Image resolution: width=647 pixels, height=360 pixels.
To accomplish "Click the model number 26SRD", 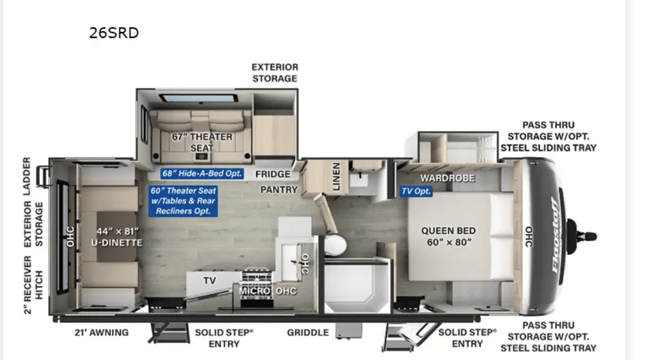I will [114, 33].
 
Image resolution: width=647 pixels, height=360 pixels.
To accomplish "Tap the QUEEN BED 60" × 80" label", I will [449, 236].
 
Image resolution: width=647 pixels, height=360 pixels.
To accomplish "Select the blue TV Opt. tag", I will [416, 191].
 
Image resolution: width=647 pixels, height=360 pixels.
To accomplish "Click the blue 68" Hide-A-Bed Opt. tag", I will [202, 173].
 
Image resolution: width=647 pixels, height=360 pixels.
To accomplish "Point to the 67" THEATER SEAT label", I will [202, 142].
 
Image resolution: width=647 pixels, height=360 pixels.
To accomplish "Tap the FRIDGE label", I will [273, 174].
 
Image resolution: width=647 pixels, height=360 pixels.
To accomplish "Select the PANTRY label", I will [279, 190].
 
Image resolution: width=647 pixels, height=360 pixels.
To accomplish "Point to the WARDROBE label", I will [447, 178].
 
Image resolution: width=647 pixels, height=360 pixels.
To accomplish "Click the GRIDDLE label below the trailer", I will [308, 332].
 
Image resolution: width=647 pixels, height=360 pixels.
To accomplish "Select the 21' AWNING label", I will [101, 332].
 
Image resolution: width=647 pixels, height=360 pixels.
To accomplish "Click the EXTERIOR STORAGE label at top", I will [274, 73].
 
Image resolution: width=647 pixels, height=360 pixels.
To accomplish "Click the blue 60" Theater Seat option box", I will [183, 201].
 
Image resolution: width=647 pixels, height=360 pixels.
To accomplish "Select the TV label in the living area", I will [209, 281].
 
